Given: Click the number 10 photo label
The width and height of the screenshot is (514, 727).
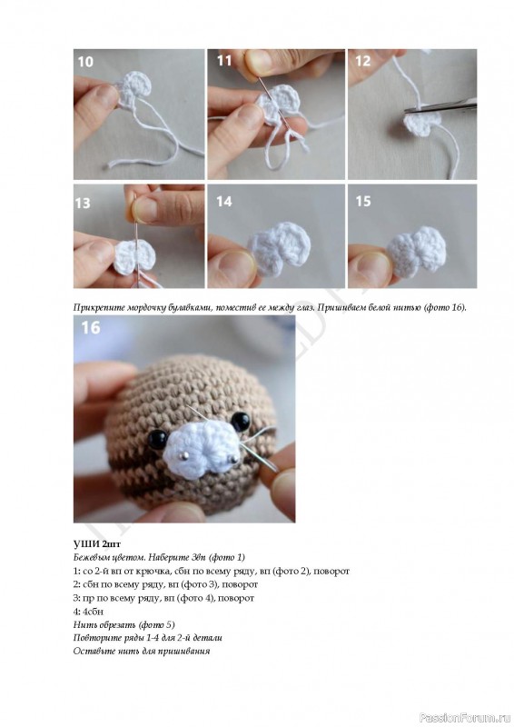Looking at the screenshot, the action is coord(85,62).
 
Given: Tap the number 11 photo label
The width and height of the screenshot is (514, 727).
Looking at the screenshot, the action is coord(224,61).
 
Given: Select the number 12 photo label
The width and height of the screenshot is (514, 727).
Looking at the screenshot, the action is coord(363,61).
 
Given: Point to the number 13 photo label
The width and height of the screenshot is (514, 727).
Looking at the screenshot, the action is coord(83,203).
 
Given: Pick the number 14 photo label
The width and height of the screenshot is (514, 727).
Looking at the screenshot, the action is coord(224,201).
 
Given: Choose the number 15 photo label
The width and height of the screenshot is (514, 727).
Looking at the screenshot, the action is coord(363,201).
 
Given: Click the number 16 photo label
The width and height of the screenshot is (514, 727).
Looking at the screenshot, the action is coord(91,328).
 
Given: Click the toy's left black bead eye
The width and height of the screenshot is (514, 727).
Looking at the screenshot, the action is coord(158,439).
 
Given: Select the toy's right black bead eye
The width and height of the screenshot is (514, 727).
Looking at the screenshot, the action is coord(241,421).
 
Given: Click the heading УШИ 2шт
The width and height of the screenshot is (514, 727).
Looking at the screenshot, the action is coord(97,543).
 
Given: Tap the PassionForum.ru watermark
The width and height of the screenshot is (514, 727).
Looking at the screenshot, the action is coord(465,718).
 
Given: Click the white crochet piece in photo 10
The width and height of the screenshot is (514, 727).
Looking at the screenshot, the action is coord(134,89).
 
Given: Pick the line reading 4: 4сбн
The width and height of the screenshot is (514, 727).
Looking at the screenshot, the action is coord(88,612).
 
